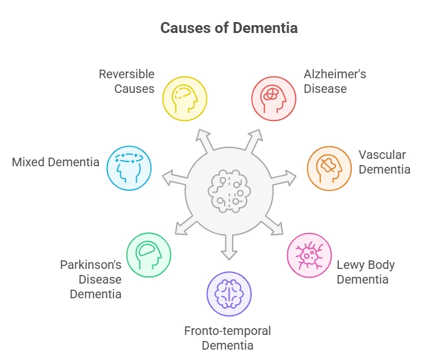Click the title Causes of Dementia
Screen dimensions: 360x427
(x=229, y=28)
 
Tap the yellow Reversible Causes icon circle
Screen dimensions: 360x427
(x=184, y=98)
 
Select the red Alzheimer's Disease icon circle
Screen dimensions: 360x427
(x=274, y=98)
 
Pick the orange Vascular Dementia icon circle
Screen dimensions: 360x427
(x=328, y=168)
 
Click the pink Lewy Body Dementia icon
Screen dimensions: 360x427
(x=309, y=255)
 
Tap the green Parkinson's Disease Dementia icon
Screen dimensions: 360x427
(x=148, y=255)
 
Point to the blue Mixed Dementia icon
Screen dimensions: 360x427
(x=129, y=168)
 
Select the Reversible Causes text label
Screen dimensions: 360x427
(x=127, y=81)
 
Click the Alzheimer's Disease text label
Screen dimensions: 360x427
(x=335, y=81)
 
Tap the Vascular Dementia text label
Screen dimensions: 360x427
(x=384, y=162)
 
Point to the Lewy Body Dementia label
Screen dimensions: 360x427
(x=365, y=273)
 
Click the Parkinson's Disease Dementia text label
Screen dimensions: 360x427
(x=91, y=279)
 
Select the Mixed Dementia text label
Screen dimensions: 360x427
(x=56, y=162)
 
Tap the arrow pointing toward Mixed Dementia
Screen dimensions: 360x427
(x=172, y=178)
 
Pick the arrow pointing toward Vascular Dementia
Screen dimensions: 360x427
(x=285, y=178)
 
